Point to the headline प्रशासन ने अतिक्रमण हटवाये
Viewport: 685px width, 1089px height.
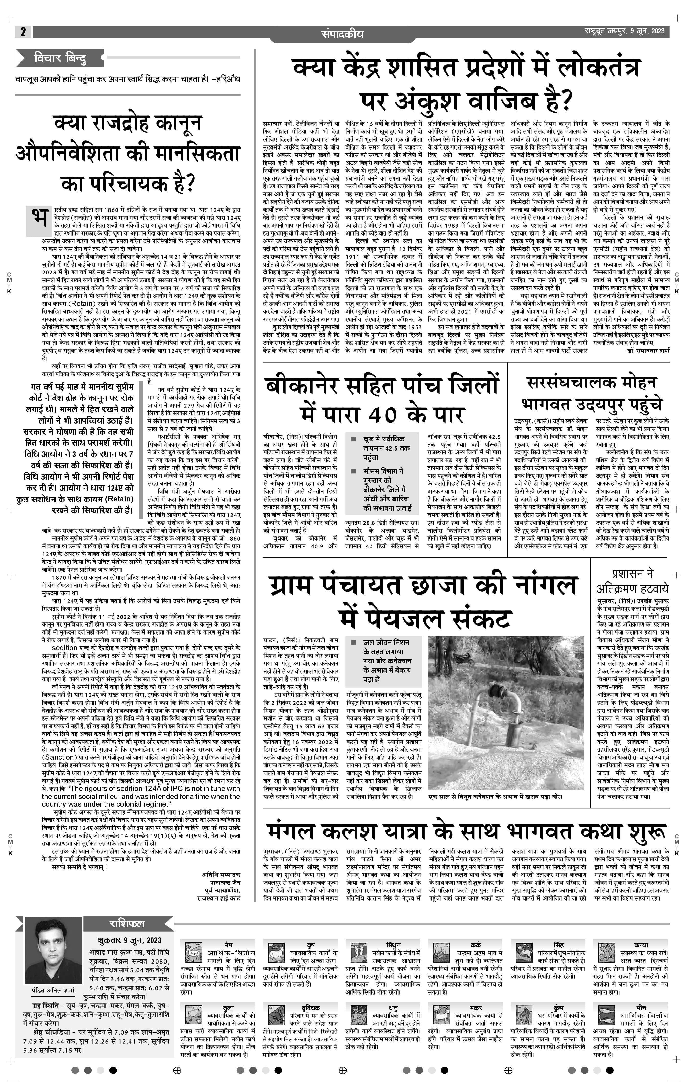point(632,581)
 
